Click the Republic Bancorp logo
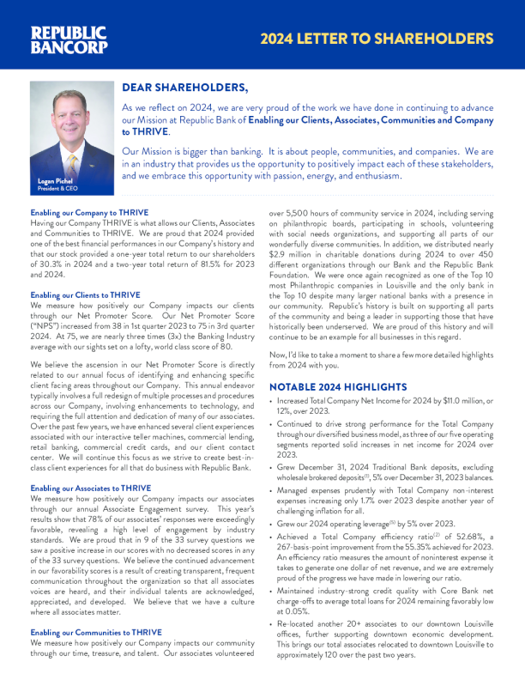pyautogui.click(x=69, y=39)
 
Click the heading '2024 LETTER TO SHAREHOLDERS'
pyautogui.click(x=377, y=39)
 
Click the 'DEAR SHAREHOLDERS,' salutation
pyautogui.click(x=185, y=88)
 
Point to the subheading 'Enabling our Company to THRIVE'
pyautogui.click(x=89, y=212)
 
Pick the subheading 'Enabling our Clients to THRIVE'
pyautogui.click(x=85, y=294)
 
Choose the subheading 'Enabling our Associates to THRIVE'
pyautogui.click(x=90, y=488)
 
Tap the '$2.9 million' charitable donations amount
pyautogui.click(x=293, y=270)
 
